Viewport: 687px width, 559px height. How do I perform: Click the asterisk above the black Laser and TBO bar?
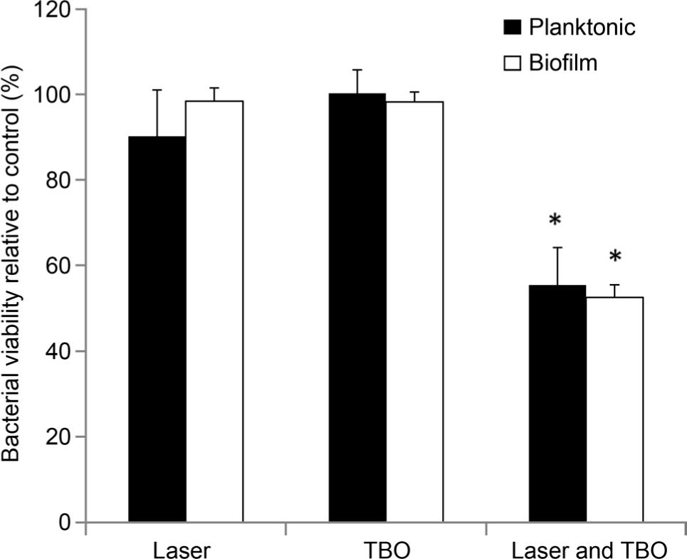(x=556, y=221)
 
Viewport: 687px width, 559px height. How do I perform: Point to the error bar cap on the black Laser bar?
(x=157, y=90)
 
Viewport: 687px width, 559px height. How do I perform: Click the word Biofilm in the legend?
(x=562, y=63)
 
